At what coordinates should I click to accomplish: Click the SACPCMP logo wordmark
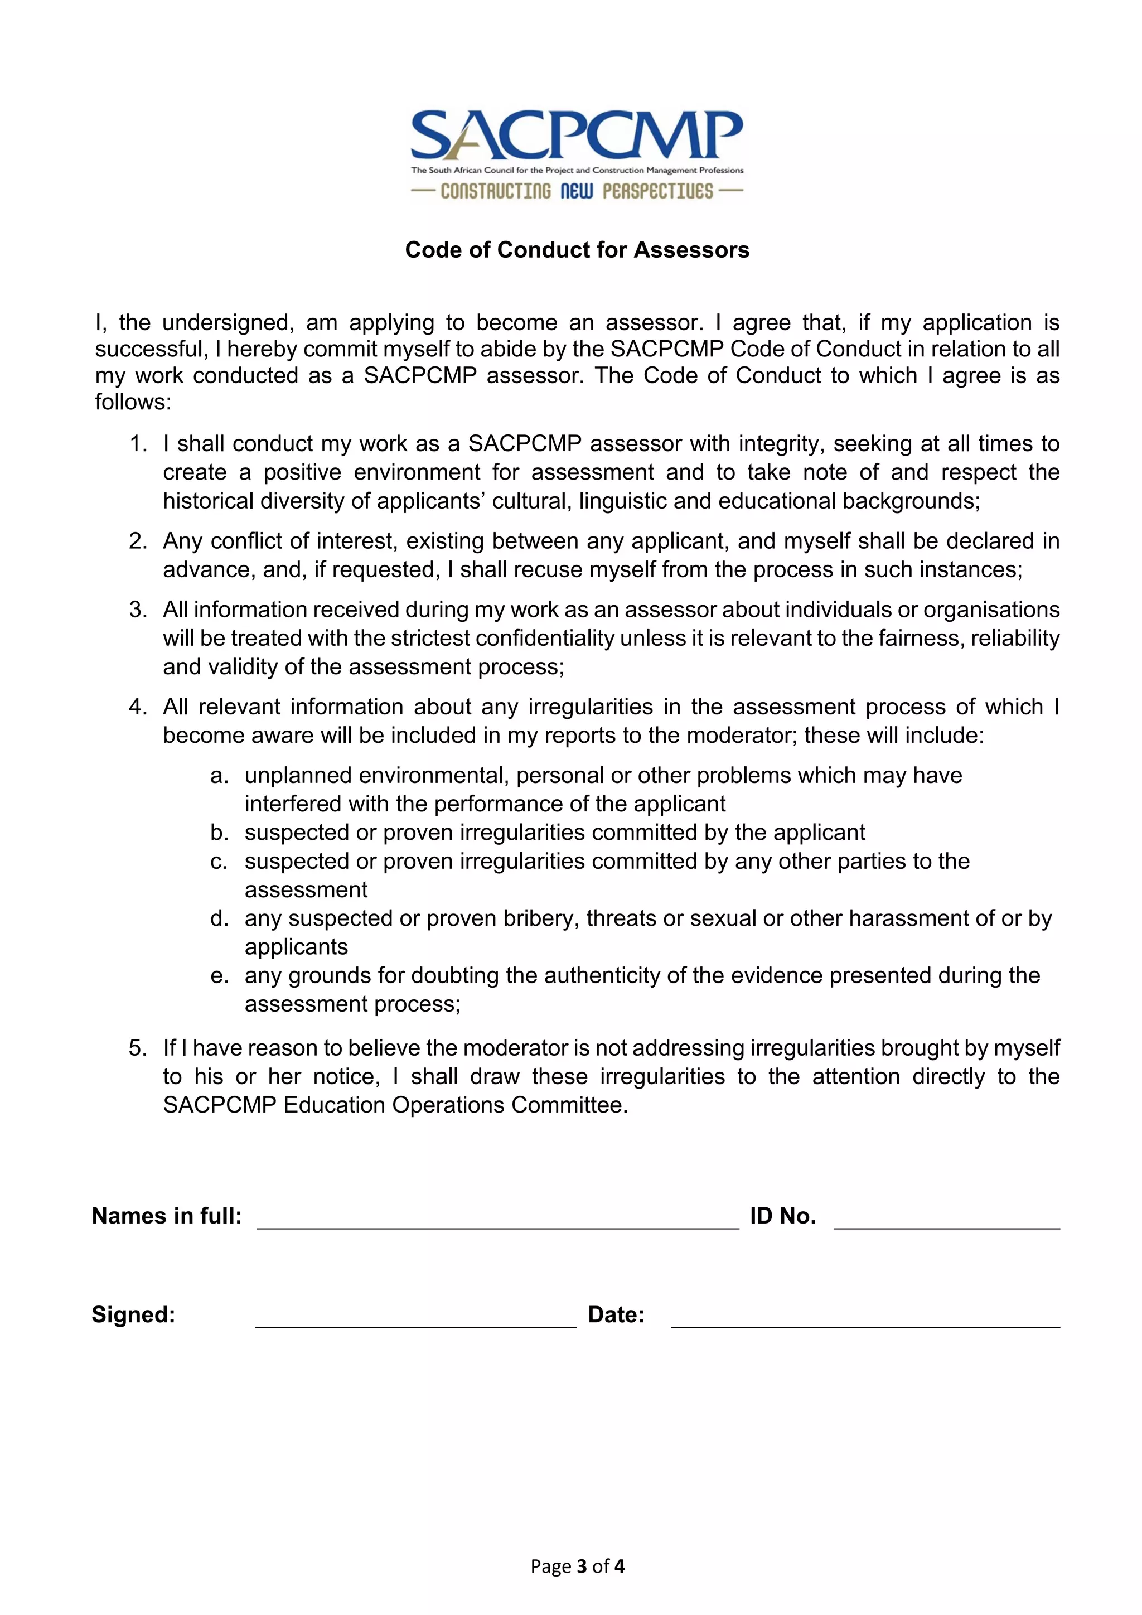tap(577, 135)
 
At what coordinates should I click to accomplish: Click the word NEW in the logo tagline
tap(577, 191)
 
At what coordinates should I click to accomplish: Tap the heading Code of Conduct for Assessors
tap(577, 250)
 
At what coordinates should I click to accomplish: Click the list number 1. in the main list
tap(138, 444)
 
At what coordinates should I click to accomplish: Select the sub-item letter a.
tap(219, 775)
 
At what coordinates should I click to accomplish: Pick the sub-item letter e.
tap(219, 975)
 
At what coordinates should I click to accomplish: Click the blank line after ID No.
tap(946, 1222)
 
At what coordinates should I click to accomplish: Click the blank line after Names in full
tap(498, 1222)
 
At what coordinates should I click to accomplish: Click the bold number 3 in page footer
tap(582, 1566)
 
